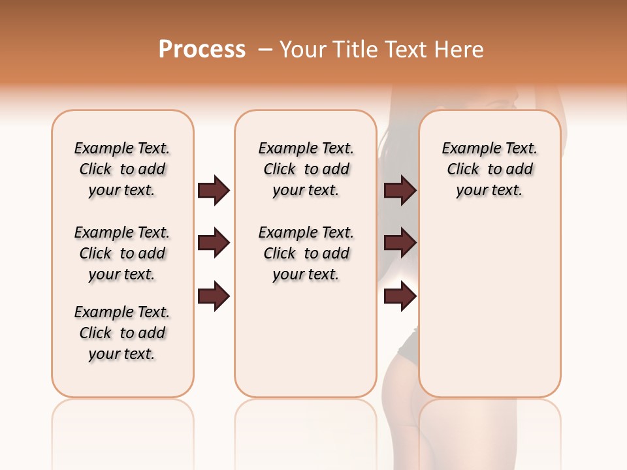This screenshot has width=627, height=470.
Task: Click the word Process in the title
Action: tap(202, 49)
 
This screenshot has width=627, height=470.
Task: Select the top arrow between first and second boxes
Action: tap(214, 190)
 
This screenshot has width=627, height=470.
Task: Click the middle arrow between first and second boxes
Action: tap(214, 243)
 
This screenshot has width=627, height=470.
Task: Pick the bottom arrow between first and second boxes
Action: tap(214, 296)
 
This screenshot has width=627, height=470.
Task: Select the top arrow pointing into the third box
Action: tap(400, 190)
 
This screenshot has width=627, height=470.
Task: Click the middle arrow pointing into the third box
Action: tap(400, 243)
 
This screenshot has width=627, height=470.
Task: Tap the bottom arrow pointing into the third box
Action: tap(400, 296)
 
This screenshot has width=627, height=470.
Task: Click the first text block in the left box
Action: tap(122, 169)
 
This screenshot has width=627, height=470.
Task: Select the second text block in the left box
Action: tap(122, 253)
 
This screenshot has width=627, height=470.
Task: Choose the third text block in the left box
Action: tap(122, 333)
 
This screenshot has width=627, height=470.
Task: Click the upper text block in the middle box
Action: tap(306, 169)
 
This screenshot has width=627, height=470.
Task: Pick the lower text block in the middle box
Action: tap(306, 253)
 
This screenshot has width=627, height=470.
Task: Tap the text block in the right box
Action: tap(489, 169)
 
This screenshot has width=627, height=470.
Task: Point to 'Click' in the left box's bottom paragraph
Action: tap(95, 333)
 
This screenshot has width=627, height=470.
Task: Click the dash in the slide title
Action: tap(265, 49)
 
